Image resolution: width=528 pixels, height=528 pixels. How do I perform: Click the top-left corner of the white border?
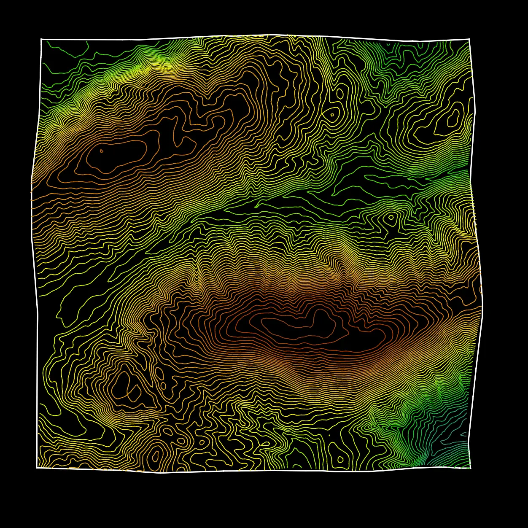pyautogui.click(x=41, y=39)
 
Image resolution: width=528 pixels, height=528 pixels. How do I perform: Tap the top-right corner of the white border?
pyautogui.click(x=469, y=39)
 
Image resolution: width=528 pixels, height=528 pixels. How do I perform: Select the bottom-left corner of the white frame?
pyautogui.click(x=37, y=467)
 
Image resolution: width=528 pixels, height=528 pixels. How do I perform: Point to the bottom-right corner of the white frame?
pyautogui.click(x=470, y=468)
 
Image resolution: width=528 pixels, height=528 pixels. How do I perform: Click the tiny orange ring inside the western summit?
pyautogui.click(x=101, y=150)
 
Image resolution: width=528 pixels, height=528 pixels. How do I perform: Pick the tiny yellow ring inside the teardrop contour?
pyautogui.click(x=332, y=114)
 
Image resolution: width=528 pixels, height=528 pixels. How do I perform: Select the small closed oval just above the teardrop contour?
pyautogui.click(x=339, y=94)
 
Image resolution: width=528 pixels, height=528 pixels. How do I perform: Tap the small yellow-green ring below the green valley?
pyautogui.click(x=391, y=218)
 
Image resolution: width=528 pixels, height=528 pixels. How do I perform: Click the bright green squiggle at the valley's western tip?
pyautogui.click(x=256, y=206)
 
